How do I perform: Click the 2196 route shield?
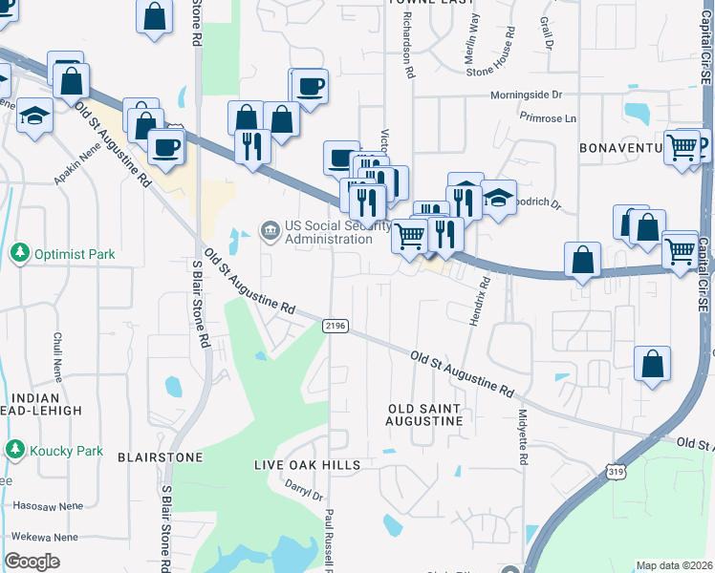click(x=334, y=326)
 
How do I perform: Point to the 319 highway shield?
click(x=617, y=470)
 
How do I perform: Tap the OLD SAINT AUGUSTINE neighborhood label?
click(x=424, y=414)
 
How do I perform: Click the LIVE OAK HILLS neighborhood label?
click(x=307, y=465)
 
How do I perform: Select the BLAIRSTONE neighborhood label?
click(x=160, y=457)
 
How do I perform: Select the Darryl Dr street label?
click(x=304, y=489)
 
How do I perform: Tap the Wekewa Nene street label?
click(x=39, y=538)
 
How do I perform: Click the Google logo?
click(x=32, y=562)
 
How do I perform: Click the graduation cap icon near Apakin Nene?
click(x=35, y=117)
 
